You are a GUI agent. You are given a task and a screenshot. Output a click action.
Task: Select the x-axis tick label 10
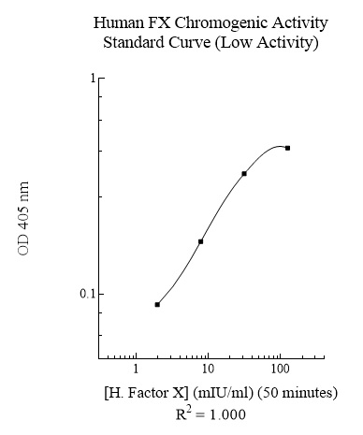pyautogui.click(x=208, y=370)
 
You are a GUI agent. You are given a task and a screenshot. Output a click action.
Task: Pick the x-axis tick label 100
pyautogui.click(x=280, y=370)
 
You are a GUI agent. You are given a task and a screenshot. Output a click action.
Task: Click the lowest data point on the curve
pyautogui.click(x=157, y=304)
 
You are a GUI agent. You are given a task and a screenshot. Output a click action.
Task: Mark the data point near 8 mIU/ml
pyautogui.click(x=200, y=241)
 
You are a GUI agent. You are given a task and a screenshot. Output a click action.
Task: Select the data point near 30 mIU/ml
pyautogui.click(x=244, y=173)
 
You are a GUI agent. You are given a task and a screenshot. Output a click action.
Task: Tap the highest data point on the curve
pyautogui.click(x=287, y=148)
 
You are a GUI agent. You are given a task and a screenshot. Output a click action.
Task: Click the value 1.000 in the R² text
pyautogui.click(x=227, y=413)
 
